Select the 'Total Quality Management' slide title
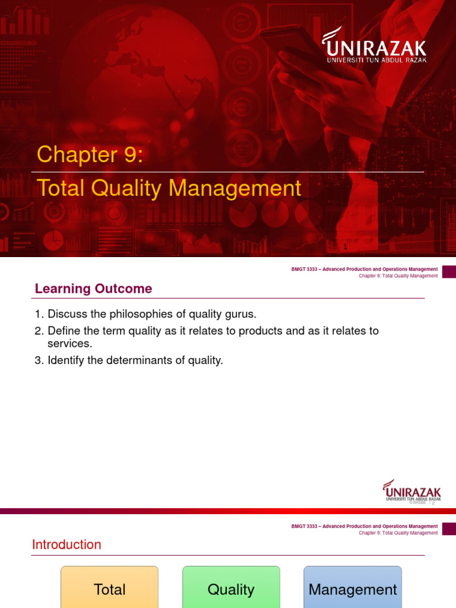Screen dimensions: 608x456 point(169,188)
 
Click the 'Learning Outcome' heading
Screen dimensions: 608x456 point(93,289)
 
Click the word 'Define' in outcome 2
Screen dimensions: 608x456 point(63,331)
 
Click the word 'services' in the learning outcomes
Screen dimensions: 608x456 point(68,344)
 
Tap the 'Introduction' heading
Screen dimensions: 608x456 point(66,544)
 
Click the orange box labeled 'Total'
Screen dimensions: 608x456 point(110,588)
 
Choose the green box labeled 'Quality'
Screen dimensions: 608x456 point(231,588)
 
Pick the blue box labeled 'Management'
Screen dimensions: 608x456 point(353,588)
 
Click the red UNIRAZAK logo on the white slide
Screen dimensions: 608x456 point(412,490)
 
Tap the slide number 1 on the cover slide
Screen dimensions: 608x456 point(344,246)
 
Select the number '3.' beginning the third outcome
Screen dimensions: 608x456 point(39,360)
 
